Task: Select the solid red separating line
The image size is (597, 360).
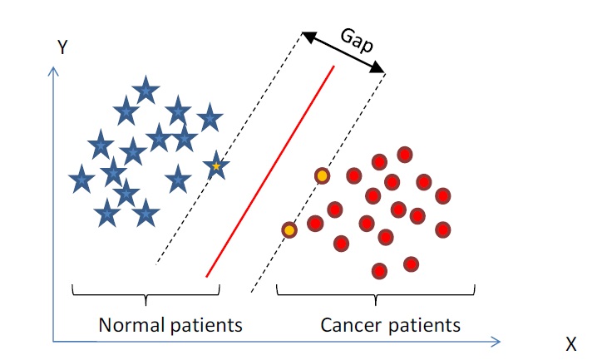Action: pos(270,170)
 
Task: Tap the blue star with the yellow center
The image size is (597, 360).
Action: pos(216,166)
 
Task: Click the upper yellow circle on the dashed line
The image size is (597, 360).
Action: pos(322,176)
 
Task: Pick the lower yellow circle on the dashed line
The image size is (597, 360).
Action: pos(289,229)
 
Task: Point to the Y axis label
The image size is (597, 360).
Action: pos(62,48)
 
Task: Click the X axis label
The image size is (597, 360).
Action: pos(570,343)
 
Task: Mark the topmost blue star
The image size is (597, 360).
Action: pos(146,89)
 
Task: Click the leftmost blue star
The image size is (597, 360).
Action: pos(81,179)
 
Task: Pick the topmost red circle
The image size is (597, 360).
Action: pos(405,154)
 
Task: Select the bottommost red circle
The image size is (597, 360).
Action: pos(380,270)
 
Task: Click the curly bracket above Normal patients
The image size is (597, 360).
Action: pos(146,293)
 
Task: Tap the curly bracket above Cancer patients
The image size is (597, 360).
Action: pos(376,293)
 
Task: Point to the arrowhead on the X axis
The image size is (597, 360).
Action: pos(497,340)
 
